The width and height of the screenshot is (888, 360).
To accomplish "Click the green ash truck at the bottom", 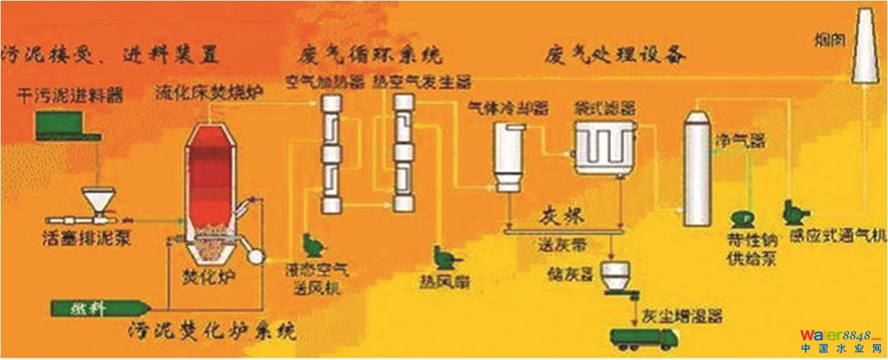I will click(643, 337).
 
